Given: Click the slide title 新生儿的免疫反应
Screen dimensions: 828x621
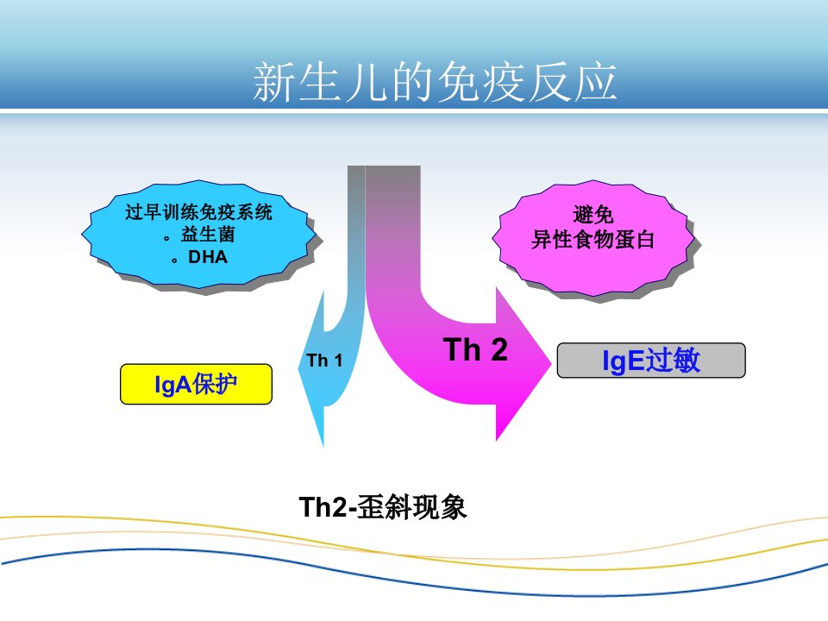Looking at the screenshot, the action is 435,82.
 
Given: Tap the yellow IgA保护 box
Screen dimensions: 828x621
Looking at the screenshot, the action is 196,384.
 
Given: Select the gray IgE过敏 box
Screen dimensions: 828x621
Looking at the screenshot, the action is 651,361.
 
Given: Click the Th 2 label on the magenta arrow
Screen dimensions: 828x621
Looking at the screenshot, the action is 475,349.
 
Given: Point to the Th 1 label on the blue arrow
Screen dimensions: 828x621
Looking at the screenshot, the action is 324,361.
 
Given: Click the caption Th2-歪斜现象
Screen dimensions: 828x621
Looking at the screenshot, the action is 382,507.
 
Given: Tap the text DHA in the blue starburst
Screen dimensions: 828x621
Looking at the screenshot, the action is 208,257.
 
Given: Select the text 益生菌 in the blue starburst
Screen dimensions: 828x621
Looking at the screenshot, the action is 208,235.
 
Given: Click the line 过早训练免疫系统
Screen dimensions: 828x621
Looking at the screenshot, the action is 198,212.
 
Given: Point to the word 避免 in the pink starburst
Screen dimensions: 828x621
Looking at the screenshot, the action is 593,215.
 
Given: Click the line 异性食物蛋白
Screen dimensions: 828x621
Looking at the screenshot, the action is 593,240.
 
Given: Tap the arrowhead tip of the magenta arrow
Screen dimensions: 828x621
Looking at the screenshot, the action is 551,363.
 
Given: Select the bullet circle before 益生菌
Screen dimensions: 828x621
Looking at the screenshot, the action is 166,238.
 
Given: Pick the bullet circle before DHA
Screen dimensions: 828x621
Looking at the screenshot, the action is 174,260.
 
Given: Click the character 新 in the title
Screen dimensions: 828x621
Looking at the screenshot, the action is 274,82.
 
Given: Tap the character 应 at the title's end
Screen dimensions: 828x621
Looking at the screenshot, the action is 596,82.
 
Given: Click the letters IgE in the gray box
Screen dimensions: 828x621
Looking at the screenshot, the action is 623,361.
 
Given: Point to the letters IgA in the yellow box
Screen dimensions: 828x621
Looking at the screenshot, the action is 172,385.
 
